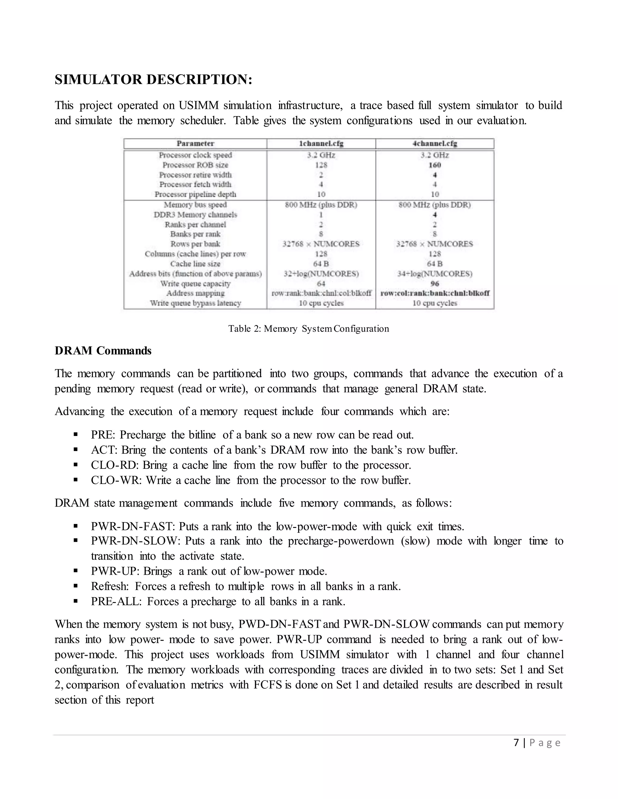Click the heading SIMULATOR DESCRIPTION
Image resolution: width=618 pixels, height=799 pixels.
(x=153, y=79)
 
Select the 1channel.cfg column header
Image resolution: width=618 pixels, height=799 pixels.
(x=321, y=144)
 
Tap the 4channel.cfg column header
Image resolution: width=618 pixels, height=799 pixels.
(x=435, y=144)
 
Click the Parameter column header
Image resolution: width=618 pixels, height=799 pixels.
(x=195, y=144)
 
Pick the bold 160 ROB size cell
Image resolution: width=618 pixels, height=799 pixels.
(x=435, y=165)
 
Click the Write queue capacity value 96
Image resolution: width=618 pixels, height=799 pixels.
(x=435, y=283)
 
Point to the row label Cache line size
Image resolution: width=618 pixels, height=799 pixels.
(x=195, y=264)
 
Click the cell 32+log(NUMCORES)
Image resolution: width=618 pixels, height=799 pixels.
(x=321, y=274)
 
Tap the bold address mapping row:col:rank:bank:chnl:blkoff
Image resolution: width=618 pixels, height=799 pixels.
(x=435, y=293)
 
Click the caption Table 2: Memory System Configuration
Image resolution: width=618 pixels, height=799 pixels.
(x=309, y=329)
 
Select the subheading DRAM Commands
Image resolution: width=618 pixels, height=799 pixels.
(x=103, y=351)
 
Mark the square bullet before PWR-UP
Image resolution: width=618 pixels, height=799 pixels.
(x=76, y=571)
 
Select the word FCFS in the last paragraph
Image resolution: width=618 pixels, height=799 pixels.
(x=268, y=685)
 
